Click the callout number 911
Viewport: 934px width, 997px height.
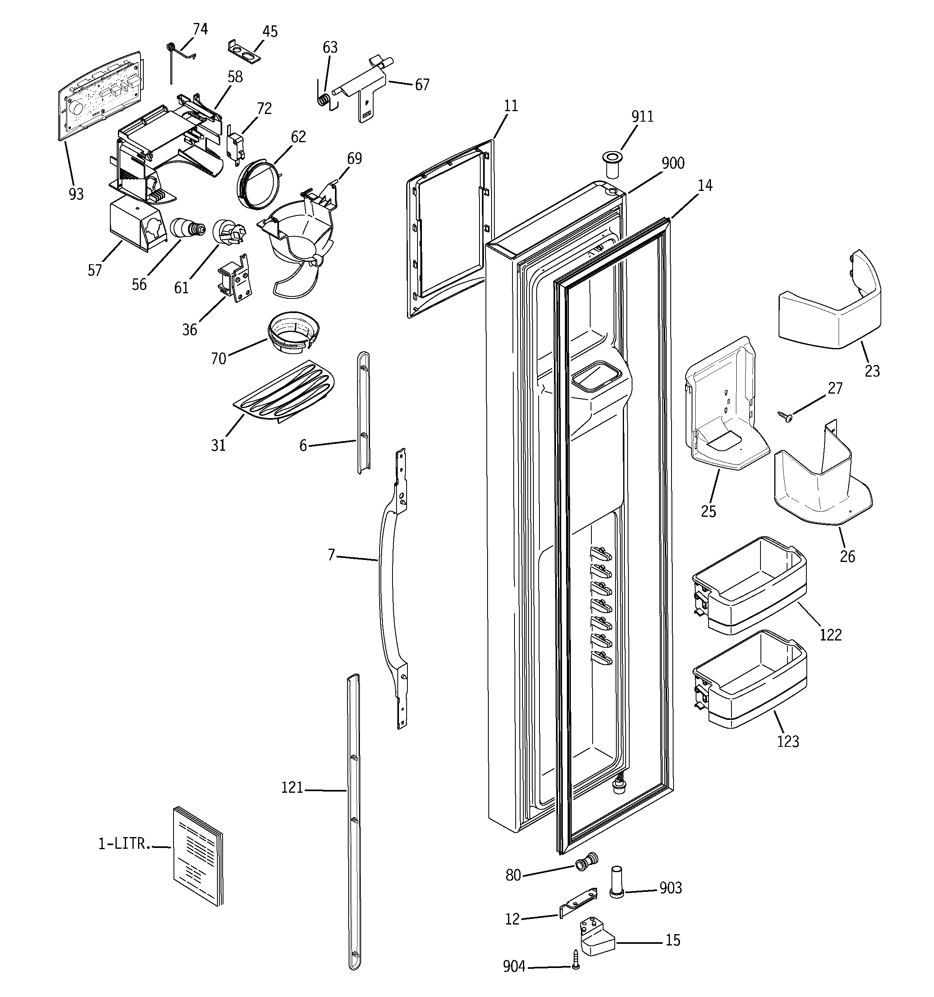click(x=642, y=117)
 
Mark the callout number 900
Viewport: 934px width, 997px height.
click(x=673, y=164)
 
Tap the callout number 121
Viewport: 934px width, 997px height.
click(x=292, y=788)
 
